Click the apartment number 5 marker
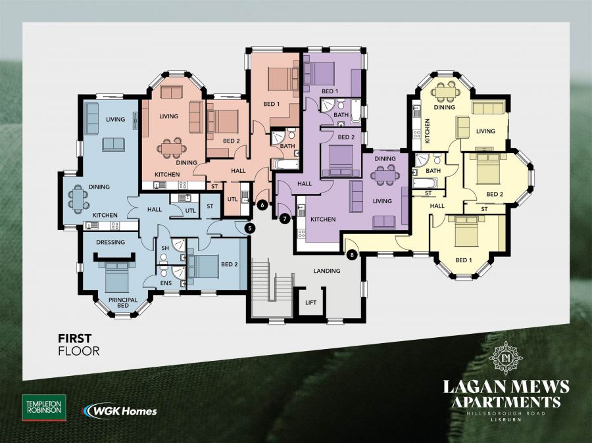[x=249, y=228]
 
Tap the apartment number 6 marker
[x=262, y=204]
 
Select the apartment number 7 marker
[x=285, y=218]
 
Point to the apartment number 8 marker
[x=352, y=255]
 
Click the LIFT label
[x=310, y=303]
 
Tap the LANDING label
[x=327, y=271]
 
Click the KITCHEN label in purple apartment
[x=324, y=219]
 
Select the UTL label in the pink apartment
[x=232, y=199]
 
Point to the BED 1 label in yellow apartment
[x=462, y=260]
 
